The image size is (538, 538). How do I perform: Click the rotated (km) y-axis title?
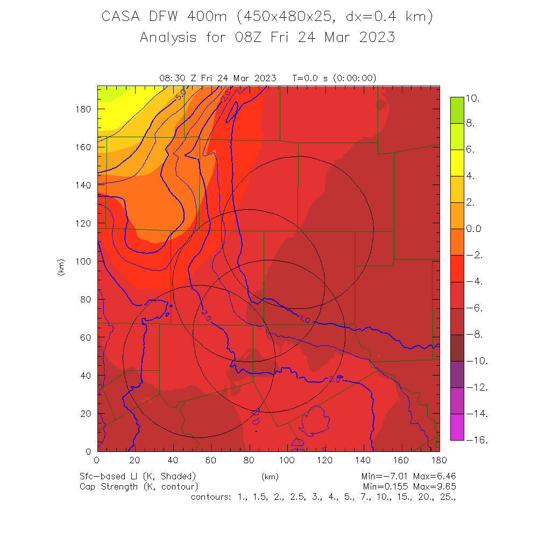[61, 267]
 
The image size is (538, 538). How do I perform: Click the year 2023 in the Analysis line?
[374, 37]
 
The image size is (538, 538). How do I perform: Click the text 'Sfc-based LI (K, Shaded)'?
[138, 477]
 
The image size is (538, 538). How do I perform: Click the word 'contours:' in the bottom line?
[211, 497]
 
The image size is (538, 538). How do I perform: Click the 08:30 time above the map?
[171, 78]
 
